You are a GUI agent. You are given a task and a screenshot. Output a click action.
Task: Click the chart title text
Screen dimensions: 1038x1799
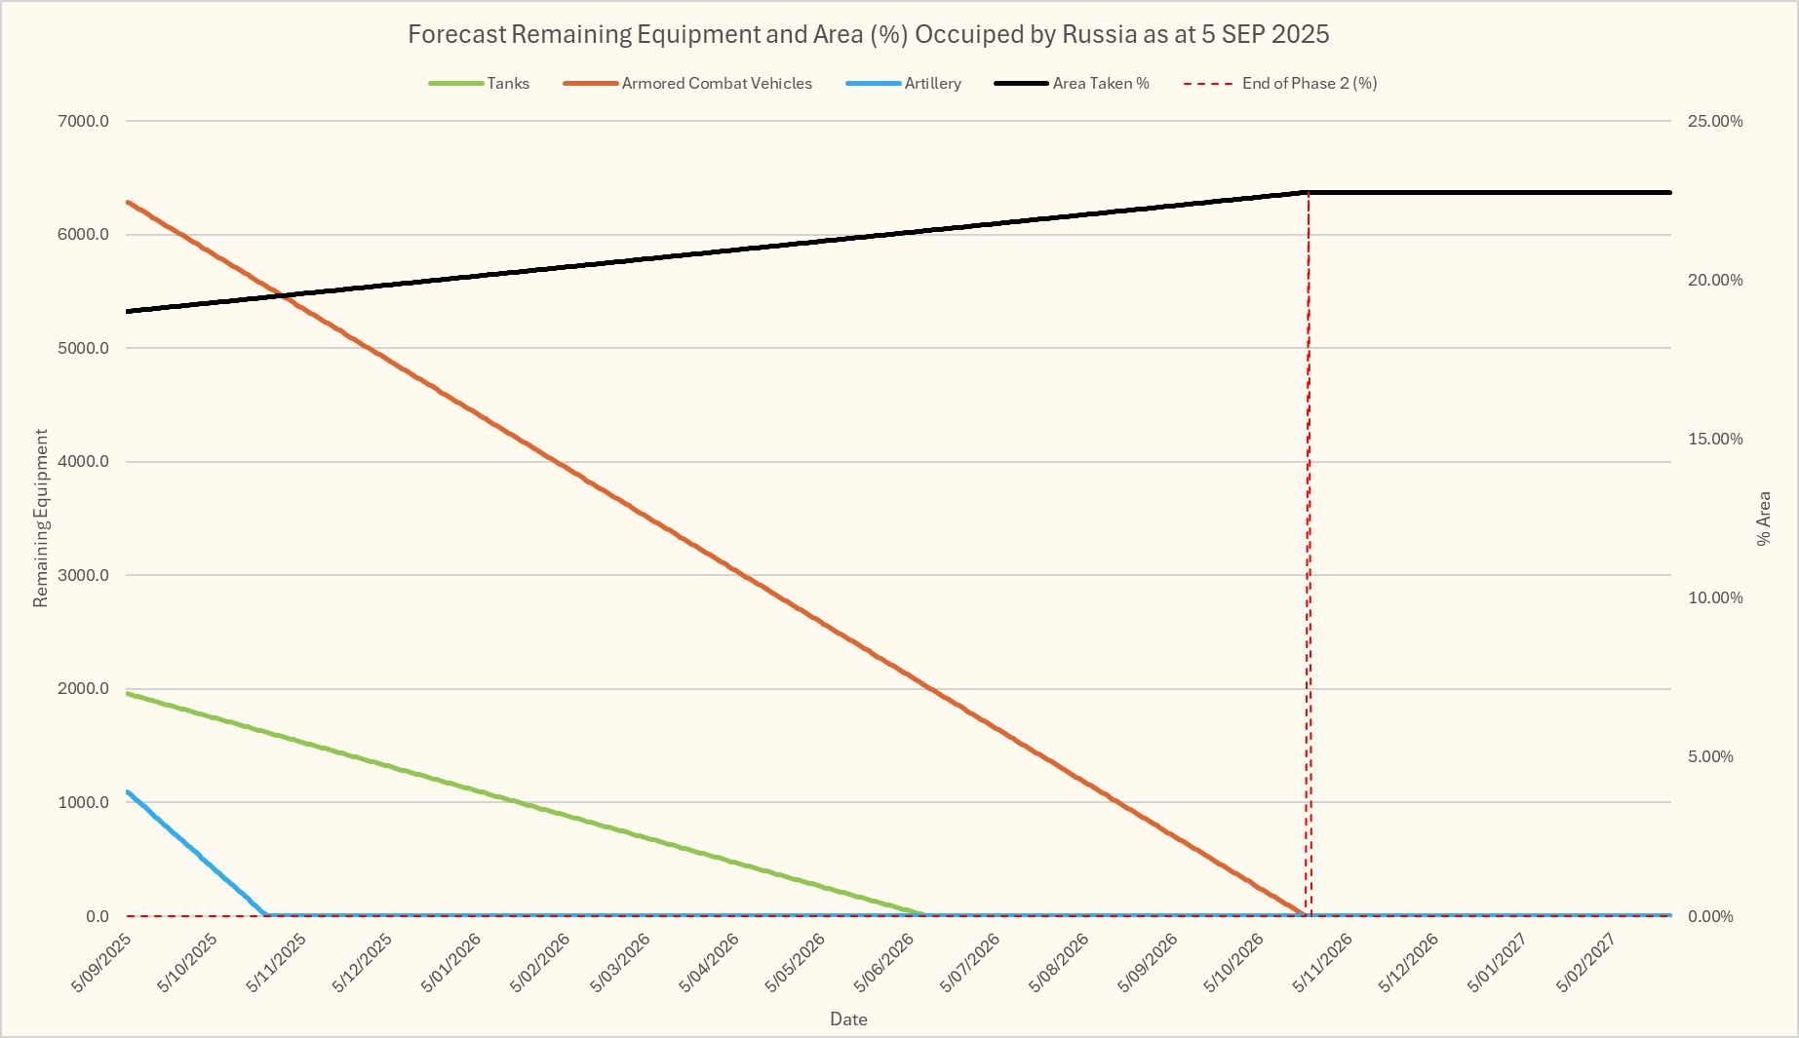868,34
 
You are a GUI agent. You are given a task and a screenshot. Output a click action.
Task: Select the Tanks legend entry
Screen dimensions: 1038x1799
508,84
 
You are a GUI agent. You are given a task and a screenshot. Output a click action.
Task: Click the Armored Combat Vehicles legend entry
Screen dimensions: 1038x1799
716,84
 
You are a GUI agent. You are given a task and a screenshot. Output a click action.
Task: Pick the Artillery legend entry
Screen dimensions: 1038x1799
932,84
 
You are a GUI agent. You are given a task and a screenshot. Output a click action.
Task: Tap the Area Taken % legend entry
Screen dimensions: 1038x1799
1100,84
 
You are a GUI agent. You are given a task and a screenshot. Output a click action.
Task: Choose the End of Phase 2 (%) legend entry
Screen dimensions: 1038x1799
1309,84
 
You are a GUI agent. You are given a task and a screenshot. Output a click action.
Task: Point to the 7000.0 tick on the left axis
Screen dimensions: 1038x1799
84,122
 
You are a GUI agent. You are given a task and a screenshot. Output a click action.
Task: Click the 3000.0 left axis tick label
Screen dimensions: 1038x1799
84,576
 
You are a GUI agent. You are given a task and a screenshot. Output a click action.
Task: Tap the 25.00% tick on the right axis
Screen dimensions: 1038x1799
1715,122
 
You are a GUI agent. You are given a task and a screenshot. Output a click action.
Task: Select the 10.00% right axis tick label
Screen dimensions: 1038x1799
1715,598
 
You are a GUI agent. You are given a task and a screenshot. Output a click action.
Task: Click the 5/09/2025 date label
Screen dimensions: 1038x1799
102,963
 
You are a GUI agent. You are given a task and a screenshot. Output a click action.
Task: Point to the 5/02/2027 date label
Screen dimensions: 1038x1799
1586,963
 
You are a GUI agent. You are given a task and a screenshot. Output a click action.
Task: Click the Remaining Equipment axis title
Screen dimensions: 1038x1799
41,519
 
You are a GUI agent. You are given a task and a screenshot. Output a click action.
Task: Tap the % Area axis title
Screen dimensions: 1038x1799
1764,519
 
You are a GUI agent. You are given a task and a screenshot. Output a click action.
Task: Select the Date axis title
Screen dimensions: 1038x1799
848,1019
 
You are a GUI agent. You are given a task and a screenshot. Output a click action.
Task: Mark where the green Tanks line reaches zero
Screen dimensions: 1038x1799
925,915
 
